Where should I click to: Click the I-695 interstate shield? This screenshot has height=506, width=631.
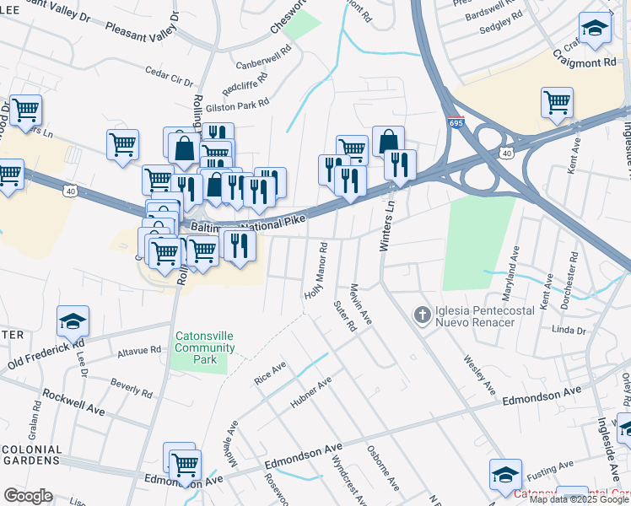[456, 123]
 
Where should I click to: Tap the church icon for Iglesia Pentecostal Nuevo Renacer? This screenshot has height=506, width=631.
[422, 315]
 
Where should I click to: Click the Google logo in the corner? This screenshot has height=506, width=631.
[28, 496]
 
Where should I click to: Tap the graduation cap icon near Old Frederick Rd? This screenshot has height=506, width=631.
[73, 320]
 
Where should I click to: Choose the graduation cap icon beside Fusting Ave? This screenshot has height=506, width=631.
[504, 474]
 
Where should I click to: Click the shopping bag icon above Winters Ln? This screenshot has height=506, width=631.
[388, 141]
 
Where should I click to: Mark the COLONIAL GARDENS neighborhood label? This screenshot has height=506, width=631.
[31, 455]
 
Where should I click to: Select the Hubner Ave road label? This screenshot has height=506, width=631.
[311, 397]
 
